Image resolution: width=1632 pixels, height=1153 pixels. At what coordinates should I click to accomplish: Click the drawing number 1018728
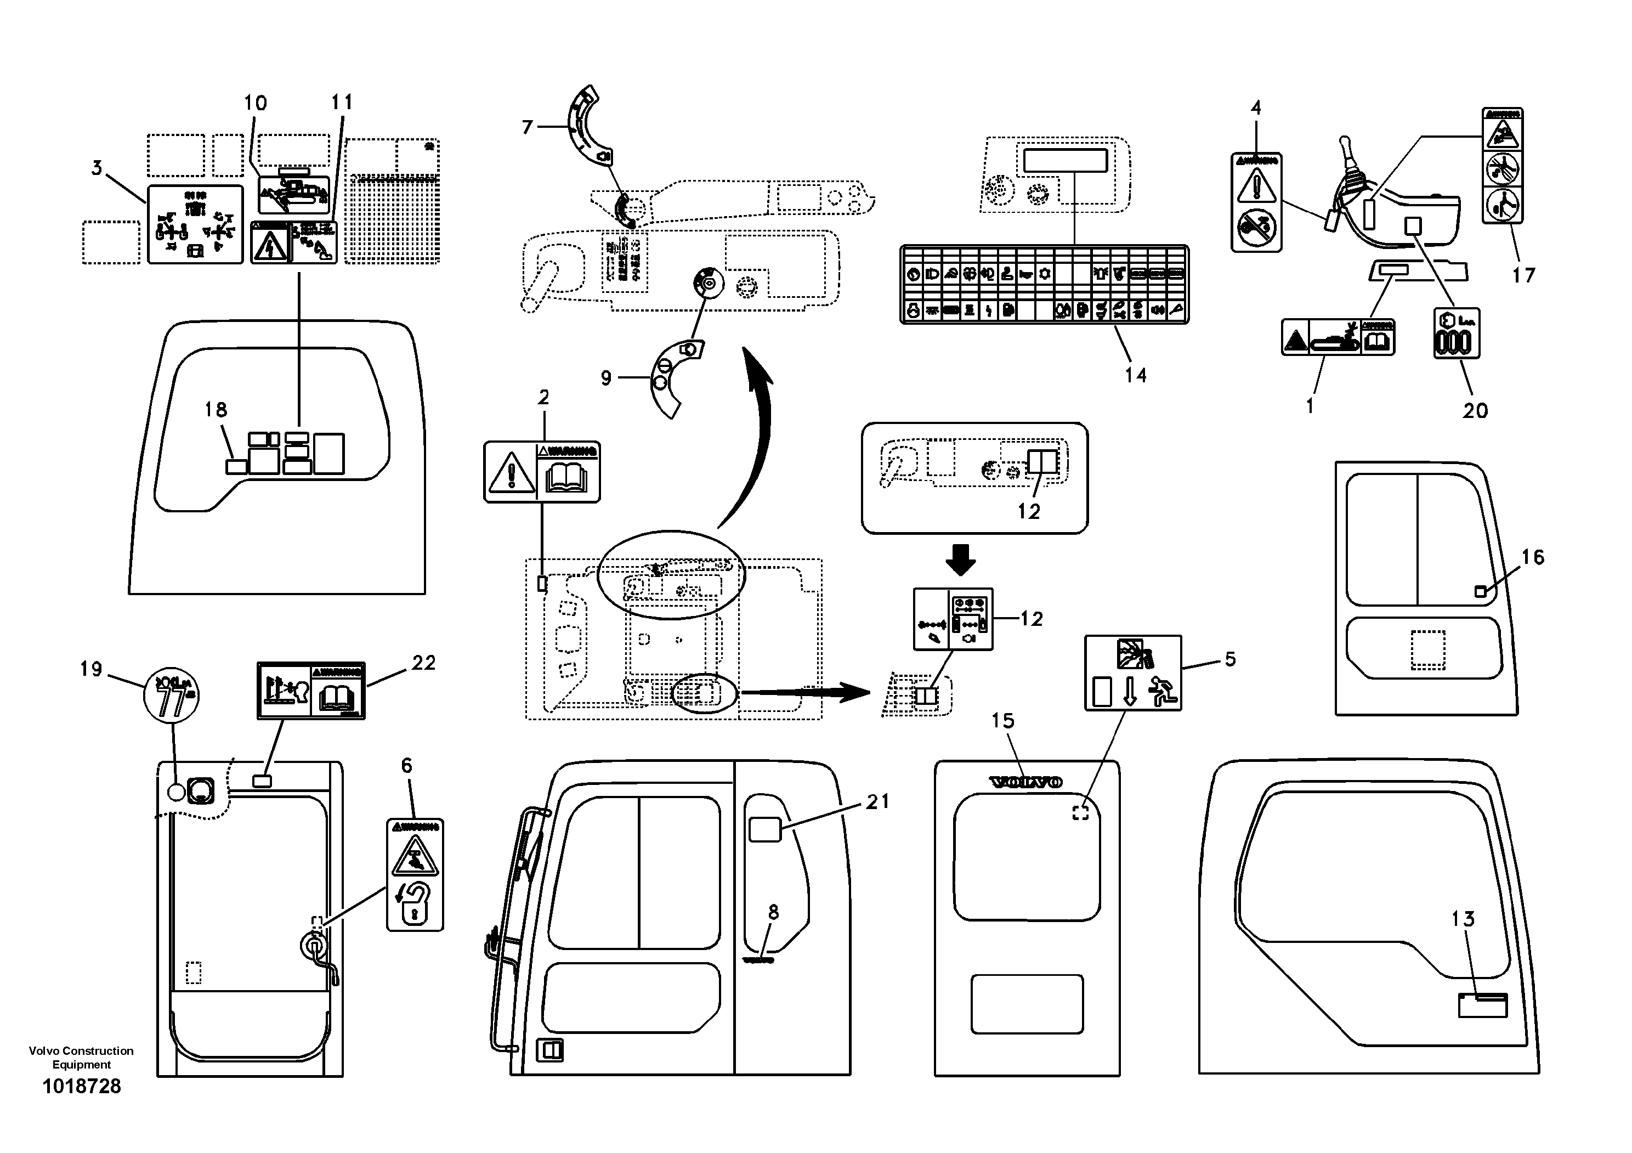pyautogui.click(x=82, y=1086)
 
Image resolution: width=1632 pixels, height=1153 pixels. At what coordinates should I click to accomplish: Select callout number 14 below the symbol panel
pyautogui.click(x=1135, y=375)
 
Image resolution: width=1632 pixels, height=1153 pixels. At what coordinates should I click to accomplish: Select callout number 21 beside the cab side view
pyautogui.click(x=878, y=802)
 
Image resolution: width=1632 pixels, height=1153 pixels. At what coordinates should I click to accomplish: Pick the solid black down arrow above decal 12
pyautogui.click(x=960, y=559)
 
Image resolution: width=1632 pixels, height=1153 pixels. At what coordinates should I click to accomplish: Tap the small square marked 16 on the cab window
pyautogui.click(x=1481, y=591)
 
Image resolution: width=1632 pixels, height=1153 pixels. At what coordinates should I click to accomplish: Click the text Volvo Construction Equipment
pyautogui.click(x=81, y=1057)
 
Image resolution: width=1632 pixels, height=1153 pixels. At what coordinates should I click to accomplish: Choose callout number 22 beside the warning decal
pyautogui.click(x=424, y=663)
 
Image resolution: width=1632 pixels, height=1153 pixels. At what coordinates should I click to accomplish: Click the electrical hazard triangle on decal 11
pyautogui.click(x=270, y=245)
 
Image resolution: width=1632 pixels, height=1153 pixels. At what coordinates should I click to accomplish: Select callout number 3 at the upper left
pyautogui.click(x=97, y=168)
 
